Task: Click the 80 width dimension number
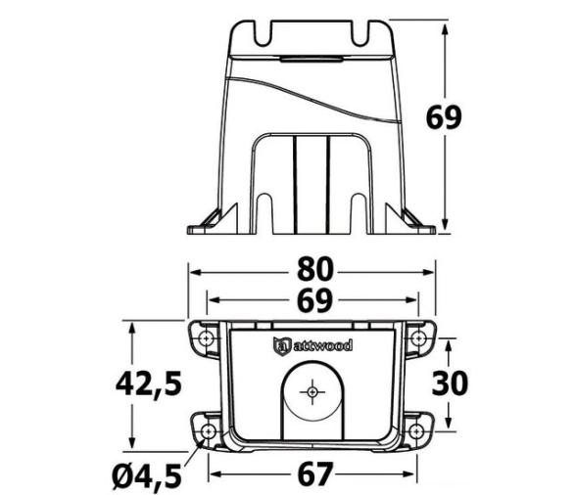click(315, 269)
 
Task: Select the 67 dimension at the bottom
click(315, 473)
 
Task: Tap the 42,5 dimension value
click(149, 384)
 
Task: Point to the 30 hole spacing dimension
click(450, 383)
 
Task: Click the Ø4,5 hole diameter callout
click(147, 475)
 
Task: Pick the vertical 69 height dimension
click(444, 117)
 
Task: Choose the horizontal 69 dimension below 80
click(314, 301)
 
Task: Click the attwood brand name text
click(323, 345)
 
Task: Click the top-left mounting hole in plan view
click(207, 337)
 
